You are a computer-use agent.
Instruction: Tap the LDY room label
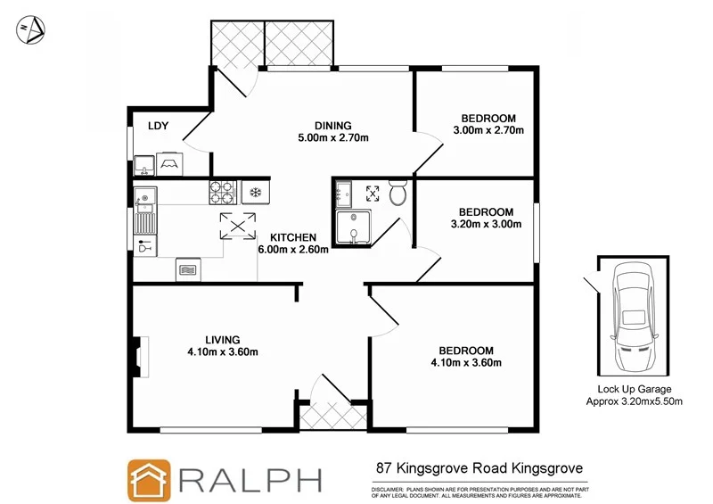point(159,126)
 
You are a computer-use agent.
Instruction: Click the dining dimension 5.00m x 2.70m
point(333,138)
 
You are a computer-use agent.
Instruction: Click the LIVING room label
point(223,339)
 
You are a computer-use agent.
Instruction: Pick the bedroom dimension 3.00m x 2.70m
point(488,130)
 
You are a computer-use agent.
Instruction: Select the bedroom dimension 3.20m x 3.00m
point(487,224)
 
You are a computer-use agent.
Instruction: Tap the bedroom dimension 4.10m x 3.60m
point(466,362)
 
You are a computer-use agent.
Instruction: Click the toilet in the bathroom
point(398,193)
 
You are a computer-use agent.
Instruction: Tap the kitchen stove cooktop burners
point(220,191)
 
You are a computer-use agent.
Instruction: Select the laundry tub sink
point(144,164)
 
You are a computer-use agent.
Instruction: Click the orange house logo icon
point(149,480)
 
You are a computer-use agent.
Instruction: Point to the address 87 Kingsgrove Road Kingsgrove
point(479,467)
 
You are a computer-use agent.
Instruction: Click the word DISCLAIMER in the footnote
point(388,490)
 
